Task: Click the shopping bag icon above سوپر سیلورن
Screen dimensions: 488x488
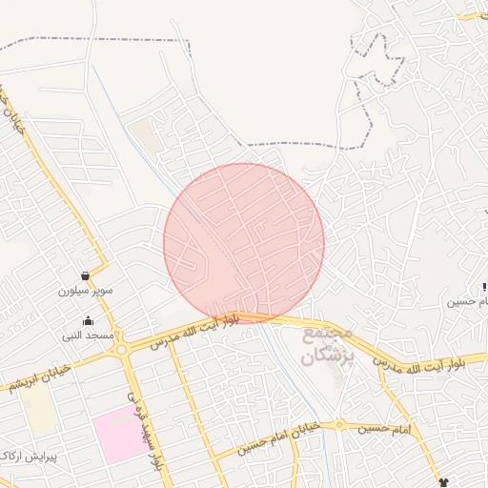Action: pos(86,276)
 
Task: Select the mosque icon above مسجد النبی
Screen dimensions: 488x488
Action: pos(89,321)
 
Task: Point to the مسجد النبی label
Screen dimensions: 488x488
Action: pos(89,335)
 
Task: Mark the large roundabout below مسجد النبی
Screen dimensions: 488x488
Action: pos(122,349)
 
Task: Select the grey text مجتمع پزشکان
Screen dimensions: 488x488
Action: pos(327,346)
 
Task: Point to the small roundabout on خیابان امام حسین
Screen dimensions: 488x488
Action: pos(337,425)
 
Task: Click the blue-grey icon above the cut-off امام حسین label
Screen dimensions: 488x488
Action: pos(484,286)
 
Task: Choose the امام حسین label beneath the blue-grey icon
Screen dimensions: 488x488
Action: pos(469,301)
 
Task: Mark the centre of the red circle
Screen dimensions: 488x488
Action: pos(244,243)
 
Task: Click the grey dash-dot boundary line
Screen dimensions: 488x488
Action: pos(95,40)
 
